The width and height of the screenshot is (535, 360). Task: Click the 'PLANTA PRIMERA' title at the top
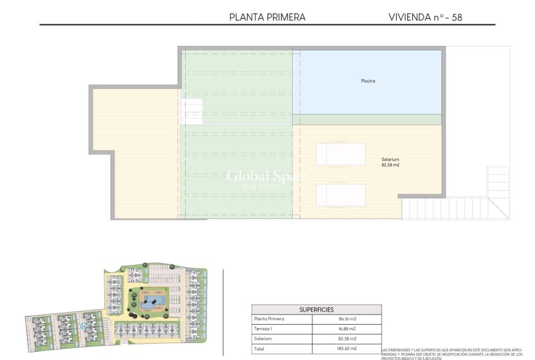click(267, 18)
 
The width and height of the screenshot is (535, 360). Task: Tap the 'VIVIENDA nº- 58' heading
click(425, 18)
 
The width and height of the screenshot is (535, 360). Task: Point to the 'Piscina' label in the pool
click(368, 81)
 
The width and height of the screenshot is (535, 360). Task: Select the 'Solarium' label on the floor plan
click(390, 159)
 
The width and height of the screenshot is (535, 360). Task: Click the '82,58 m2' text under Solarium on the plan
click(390, 166)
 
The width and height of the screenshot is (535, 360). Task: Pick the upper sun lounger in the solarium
click(341, 154)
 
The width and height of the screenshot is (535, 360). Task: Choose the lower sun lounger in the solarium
click(341, 194)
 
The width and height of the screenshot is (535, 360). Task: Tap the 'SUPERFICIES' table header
click(316, 310)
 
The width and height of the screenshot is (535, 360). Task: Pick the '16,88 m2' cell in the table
click(347, 329)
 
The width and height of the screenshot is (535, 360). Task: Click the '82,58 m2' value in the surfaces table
click(347, 339)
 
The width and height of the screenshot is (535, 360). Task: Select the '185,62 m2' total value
click(347, 348)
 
